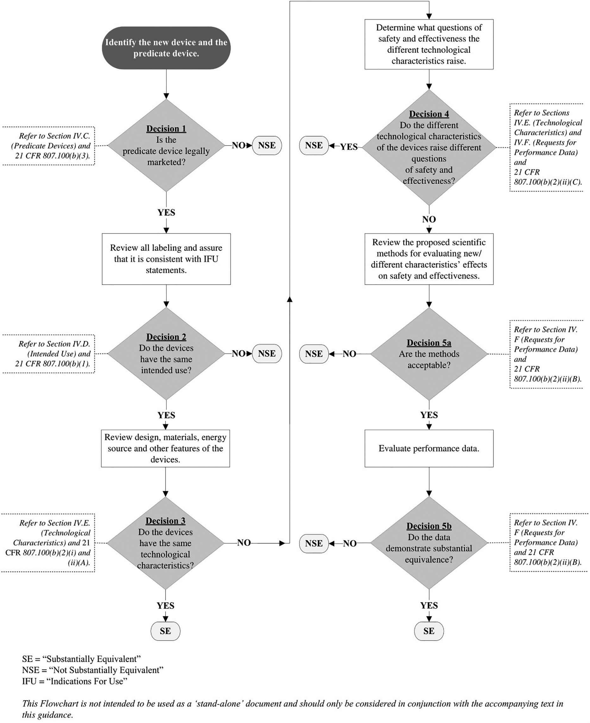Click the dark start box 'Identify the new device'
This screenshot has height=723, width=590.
166,48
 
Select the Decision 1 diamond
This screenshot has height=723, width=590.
166,146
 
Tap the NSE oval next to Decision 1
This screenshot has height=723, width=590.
267,146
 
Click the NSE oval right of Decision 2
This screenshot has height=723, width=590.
267,354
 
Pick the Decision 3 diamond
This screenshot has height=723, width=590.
166,543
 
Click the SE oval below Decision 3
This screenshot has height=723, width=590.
166,631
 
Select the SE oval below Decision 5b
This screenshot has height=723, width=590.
429,631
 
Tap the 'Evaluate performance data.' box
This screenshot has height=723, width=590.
429,448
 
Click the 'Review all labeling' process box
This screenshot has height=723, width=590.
166,259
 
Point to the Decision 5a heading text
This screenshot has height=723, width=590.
429,343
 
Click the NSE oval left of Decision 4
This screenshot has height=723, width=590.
314,146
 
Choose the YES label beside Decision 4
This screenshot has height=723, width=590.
349,147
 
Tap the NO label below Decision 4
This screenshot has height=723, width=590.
429,219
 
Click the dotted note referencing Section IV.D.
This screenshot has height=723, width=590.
49,354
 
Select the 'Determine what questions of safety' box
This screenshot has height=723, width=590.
429,44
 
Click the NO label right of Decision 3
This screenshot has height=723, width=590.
244,543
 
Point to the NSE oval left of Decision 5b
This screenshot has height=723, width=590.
314,543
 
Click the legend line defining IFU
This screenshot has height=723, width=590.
75,681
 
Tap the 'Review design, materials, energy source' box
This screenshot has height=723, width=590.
166,448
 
